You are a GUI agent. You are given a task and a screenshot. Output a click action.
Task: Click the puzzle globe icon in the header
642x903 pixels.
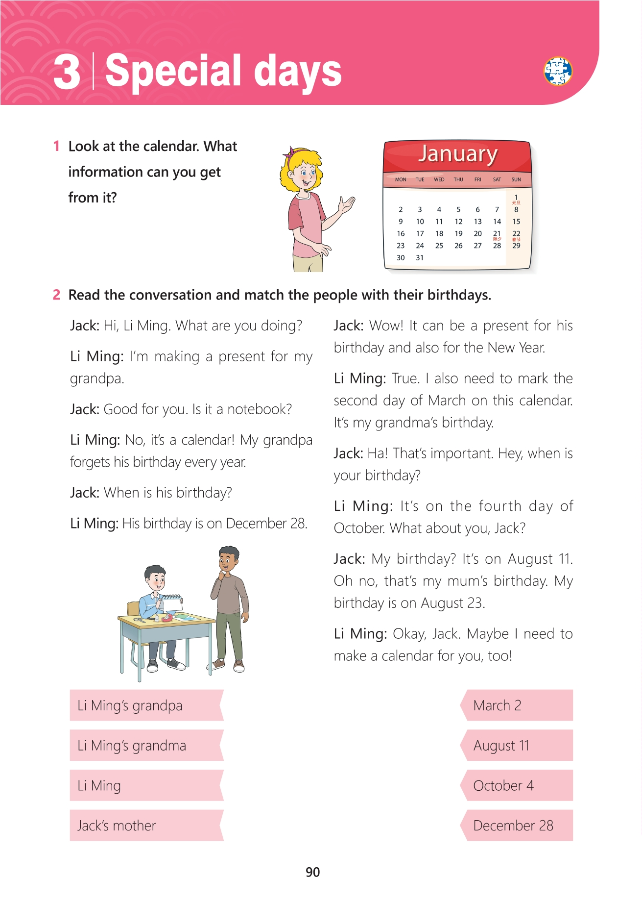[558, 71]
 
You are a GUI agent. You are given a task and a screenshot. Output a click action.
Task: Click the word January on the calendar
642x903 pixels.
[457, 153]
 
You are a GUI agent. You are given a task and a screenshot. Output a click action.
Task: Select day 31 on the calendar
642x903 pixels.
[420, 258]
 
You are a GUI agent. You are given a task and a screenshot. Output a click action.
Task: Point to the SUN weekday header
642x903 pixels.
[516, 179]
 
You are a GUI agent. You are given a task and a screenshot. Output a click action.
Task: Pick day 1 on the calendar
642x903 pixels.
[516, 197]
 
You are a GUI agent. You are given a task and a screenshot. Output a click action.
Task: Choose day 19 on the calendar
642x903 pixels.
[458, 234]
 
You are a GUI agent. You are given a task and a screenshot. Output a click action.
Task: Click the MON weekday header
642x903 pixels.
[401, 179]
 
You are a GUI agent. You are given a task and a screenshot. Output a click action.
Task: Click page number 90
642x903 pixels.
[312, 872]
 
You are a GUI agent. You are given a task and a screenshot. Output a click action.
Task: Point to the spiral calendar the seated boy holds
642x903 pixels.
[172, 602]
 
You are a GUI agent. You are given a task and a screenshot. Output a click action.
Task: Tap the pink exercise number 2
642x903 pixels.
[57, 295]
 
